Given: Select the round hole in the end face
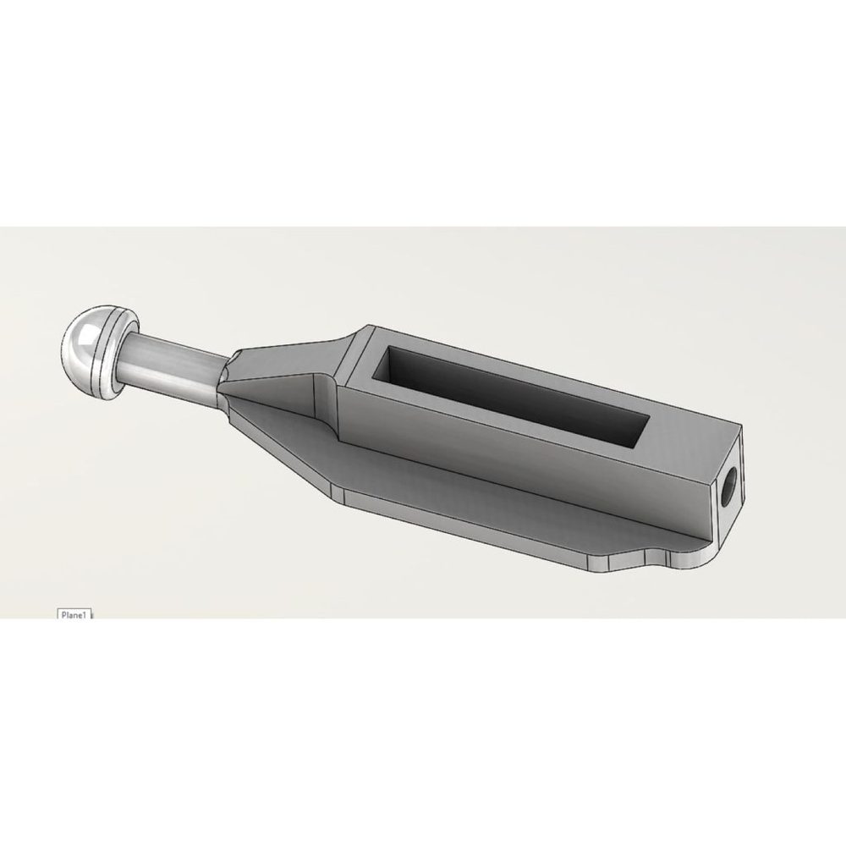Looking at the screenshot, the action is click(x=731, y=479).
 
